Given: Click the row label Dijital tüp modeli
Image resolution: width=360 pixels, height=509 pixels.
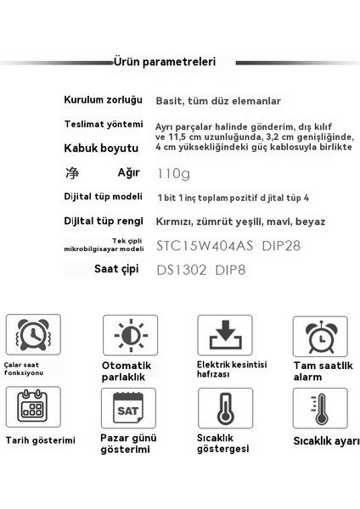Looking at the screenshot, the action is click(104, 197).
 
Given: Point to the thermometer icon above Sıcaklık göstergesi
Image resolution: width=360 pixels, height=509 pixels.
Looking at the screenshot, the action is click(225, 409).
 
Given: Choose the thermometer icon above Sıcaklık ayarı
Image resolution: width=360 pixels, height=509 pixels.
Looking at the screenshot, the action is click(320, 409).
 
